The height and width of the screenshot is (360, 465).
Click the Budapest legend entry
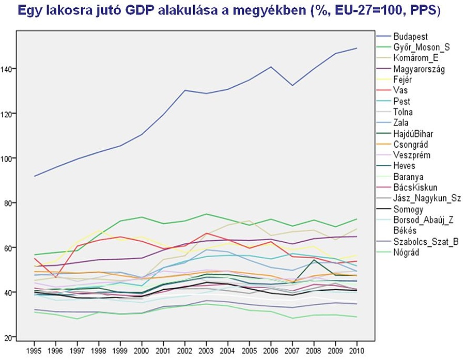tap(410, 36)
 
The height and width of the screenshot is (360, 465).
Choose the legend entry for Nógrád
tap(406, 252)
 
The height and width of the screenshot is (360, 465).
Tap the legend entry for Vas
tap(400, 90)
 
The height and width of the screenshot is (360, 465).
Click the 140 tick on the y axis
tap(8, 69)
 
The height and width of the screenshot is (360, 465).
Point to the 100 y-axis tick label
tap(8, 158)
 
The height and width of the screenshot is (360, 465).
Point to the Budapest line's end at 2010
tap(357, 48)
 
